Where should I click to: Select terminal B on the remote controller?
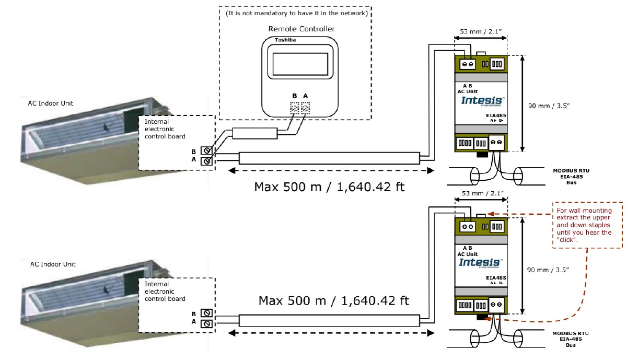tap(294, 108)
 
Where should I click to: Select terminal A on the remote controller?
tap(306, 108)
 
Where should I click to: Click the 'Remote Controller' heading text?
tap(301, 29)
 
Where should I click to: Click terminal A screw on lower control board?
tap(206, 323)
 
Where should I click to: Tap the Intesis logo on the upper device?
tap(482, 100)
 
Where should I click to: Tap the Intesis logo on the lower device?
tap(480, 262)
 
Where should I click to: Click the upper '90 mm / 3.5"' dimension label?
tap(549, 106)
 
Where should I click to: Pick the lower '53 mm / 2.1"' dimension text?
tap(479, 193)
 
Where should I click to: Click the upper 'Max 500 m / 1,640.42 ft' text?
tap(329, 187)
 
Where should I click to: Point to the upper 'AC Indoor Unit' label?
tap(51, 103)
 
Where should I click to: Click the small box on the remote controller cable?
tap(254, 133)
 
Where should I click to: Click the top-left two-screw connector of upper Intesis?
tap(467, 64)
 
